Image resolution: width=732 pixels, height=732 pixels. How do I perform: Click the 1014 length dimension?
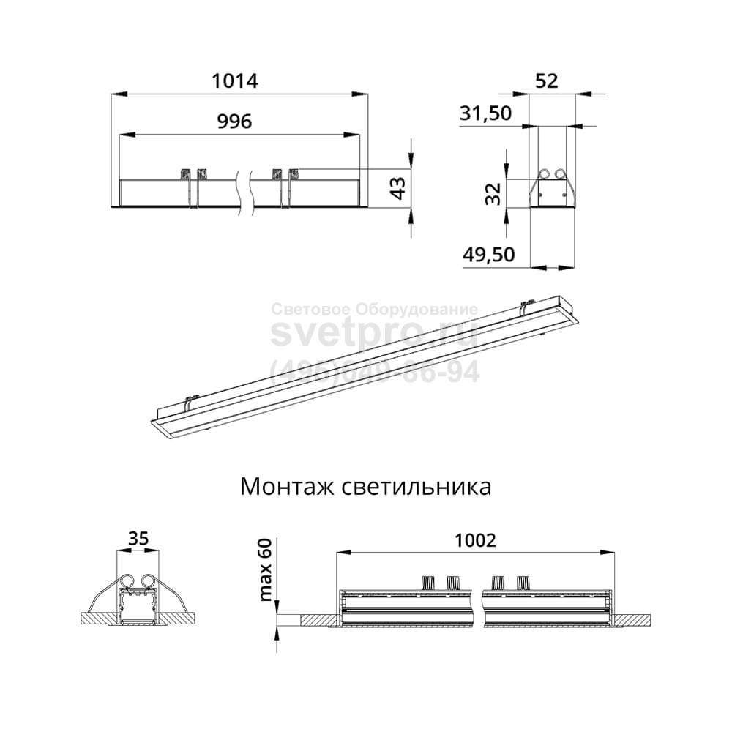click(x=235, y=81)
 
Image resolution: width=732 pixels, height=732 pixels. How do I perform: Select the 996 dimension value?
click(x=235, y=122)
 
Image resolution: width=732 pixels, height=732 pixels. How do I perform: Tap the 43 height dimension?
click(x=397, y=188)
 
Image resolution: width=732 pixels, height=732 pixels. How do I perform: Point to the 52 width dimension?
click(x=546, y=81)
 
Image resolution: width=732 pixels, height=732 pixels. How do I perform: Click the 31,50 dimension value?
click(x=485, y=113)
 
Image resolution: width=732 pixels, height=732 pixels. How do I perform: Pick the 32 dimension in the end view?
click(x=493, y=194)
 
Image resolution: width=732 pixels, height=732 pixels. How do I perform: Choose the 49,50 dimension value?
click(x=489, y=255)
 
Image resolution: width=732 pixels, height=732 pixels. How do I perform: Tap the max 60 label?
click(x=265, y=569)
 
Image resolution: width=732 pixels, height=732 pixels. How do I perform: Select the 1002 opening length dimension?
click(x=475, y=540)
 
